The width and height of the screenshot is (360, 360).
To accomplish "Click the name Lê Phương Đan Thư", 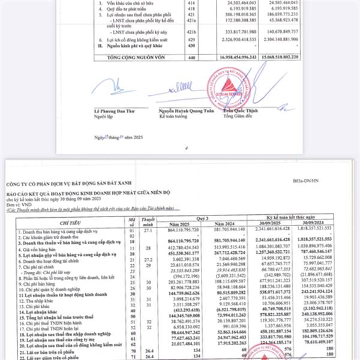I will pyautogui.click(x=115, y=112).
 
